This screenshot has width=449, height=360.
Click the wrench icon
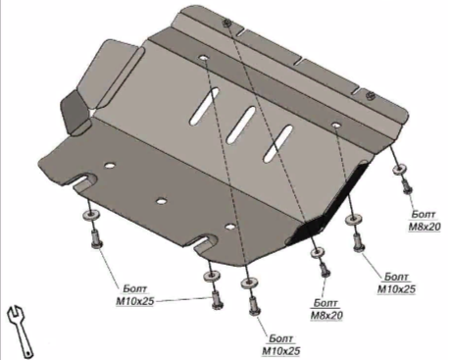21,331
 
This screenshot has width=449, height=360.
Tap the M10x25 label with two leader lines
134,295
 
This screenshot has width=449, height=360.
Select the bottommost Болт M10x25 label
280,345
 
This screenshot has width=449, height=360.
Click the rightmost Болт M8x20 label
424,221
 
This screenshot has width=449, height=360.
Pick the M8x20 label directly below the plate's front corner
326,309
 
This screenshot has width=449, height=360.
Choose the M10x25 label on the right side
396,283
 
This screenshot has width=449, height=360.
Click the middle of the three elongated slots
241,122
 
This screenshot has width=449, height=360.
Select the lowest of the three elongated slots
278,143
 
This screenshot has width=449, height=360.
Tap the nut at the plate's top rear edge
226,23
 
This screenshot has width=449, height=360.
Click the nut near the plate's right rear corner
371,95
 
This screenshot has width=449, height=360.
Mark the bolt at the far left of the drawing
95,238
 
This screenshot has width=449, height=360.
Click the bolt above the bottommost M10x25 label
254,306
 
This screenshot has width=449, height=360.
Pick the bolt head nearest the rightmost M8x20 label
407,186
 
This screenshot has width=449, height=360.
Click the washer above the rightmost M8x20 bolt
399,170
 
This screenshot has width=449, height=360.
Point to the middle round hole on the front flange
161,201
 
